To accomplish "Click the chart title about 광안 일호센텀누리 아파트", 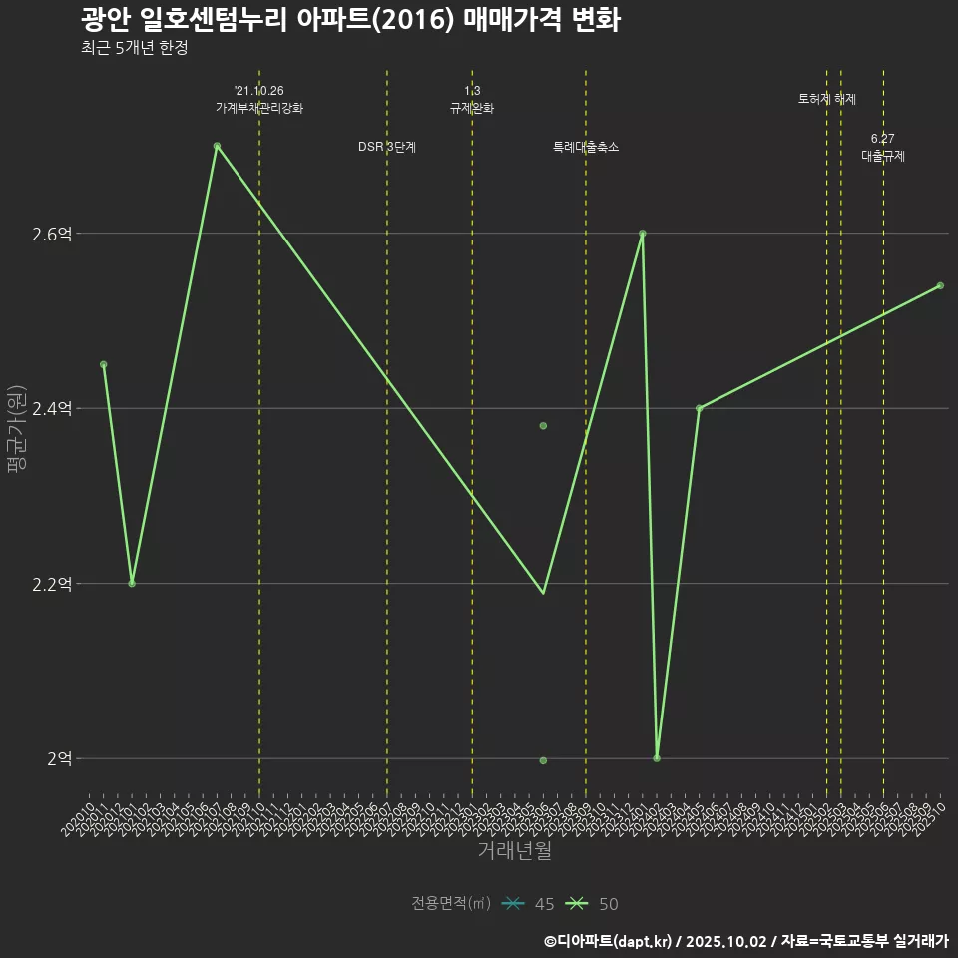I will [350, 20].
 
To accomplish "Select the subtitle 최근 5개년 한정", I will [134, 48].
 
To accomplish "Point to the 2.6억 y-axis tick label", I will [52, 234].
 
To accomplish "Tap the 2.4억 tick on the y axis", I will [52, 408].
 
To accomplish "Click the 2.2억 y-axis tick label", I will [52, 584].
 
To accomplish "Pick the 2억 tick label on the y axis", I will [58, 758].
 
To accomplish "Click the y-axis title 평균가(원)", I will [17, 435].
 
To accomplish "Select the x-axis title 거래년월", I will [514, 851].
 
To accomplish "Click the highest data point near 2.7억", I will [217, 146].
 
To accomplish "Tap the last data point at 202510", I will [940, 286].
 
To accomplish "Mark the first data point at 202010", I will [103, 364].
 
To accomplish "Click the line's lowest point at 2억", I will [657, 758].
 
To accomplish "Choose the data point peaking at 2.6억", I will [643, 234].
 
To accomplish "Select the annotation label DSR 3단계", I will [387, 147].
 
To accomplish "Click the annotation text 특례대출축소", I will [586, 147].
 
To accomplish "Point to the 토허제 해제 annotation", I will [827, 99].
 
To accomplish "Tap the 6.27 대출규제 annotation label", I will [883, 148].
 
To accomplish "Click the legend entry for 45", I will [529, 904].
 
